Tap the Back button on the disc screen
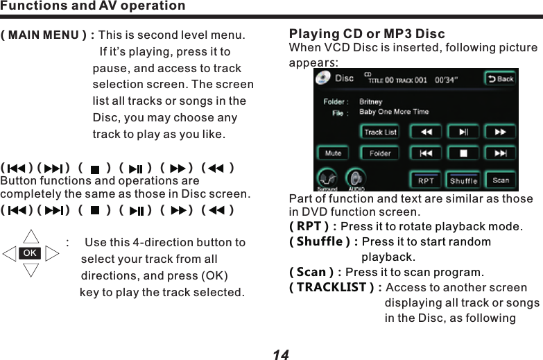pos(499,78)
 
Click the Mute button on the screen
pos(333,153)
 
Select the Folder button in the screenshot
pos(380,153)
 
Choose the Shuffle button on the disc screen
pos(463,180)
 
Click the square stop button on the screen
pos(463,153)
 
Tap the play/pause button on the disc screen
pos(463,131)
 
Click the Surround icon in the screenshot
pos(327,179)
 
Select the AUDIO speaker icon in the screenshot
pos(355,179)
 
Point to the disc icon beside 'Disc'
pos(323,78)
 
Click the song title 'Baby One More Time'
pos(394,112)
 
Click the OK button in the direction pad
pos(30,253)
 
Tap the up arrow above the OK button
pos(31,237)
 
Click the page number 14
pos(280,354)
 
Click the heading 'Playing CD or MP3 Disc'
pos(367,34)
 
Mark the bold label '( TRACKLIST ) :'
pos(335,288)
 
